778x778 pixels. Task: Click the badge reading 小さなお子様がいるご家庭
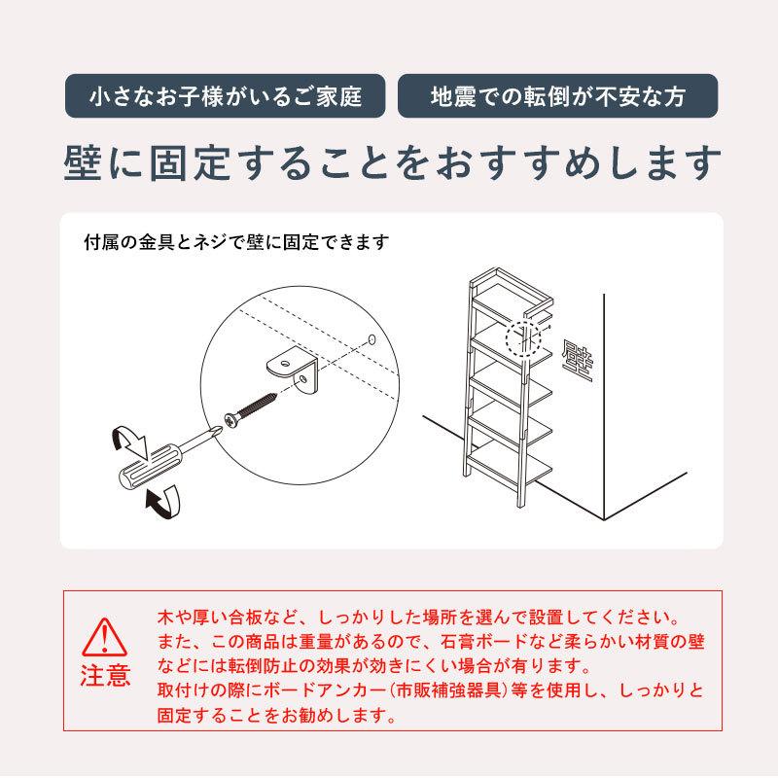click(x=225, y=97)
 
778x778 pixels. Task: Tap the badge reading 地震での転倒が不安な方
click(x=557, y=97)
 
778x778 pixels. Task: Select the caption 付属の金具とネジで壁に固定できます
click(x=236, y=242)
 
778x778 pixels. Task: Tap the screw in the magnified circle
click(x=257, y=407)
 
